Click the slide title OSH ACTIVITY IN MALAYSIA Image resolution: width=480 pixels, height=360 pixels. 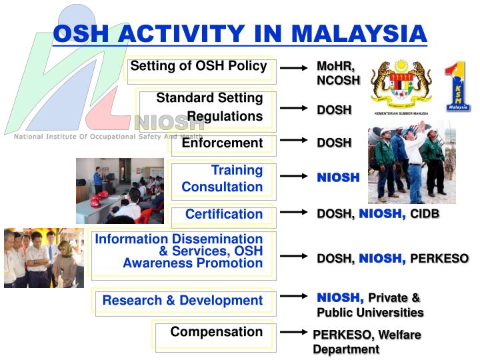[x=239, y=33]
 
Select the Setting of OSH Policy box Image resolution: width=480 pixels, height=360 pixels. [x=199, y=66]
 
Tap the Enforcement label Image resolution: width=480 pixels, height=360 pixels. [x=222, y=143]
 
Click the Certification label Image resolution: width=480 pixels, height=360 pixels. [x=223, y=214]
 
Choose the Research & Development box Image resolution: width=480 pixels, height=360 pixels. [x=183, y=301]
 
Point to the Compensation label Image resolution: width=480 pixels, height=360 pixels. [x=216, y=332]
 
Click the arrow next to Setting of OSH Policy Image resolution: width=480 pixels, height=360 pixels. [x=293, y=68]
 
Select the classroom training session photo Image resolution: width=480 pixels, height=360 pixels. [x=119, y=190]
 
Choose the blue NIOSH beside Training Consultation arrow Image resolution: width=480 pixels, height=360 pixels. [x=338, y=178]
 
